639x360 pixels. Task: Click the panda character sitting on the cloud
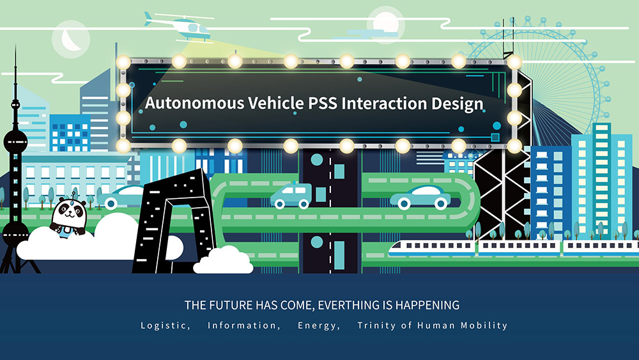pos(68,216)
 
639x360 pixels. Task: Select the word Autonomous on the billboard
pos(194,103)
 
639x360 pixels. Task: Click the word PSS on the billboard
pos(322,103)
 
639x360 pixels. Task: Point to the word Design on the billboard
pos(458,104)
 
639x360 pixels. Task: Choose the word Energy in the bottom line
pos(318,325)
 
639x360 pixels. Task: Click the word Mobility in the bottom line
pos(484,325)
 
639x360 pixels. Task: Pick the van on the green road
pos(291,196)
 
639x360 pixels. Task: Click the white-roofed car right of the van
pos(420,198)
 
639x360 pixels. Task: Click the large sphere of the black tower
pos(15,143)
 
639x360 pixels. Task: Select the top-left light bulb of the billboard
pos(123,63)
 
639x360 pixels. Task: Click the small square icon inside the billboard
pos(495,137)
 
